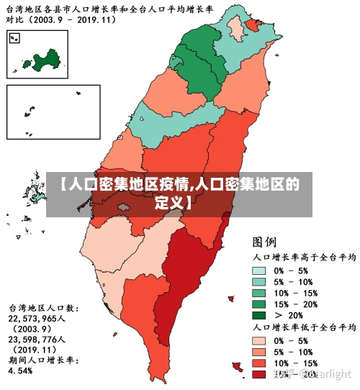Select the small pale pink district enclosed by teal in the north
(x=235, y=28)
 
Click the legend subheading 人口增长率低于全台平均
(x=303, y=328)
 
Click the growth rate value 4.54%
(x=22, y=371)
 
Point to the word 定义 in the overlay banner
(x=172, y=201)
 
